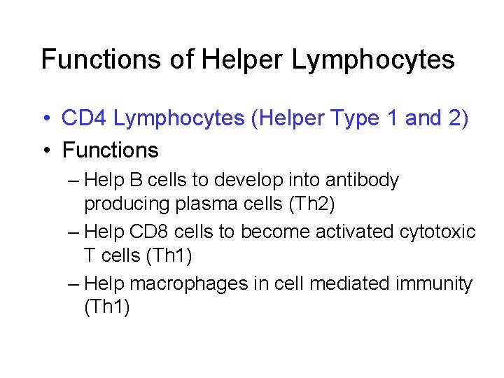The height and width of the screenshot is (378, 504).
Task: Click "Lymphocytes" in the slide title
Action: tap(373, 61)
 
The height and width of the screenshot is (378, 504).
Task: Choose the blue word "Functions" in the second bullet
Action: tap(111, 150)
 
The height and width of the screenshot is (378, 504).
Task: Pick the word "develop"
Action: tap(247, 181)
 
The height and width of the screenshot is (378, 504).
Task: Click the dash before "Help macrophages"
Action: tap(74, 284)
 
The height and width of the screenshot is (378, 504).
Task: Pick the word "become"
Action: tap(266, 232)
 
